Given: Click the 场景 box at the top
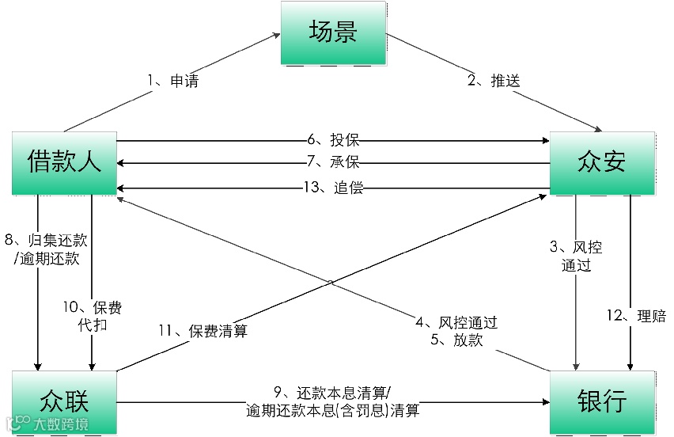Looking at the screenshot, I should click(x=333, y=32).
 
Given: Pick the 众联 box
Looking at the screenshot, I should click(x=64, y=401).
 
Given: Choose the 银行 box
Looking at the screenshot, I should click(x=602, y=401).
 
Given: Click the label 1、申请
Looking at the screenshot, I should click(x=172, y=82).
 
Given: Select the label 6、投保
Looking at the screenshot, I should click(x=333, y=141).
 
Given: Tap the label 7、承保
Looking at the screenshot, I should click(x=333, y=163).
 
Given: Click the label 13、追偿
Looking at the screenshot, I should click(x=333, y=188).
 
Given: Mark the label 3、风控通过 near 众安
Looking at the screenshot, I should click(x=576, y=256).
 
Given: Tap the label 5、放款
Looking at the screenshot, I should click(x=456, y=340).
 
